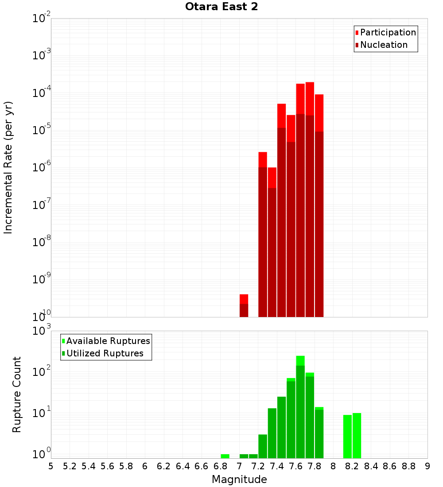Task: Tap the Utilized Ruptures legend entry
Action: [x=105, y=353]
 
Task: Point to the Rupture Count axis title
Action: [x=17, y=394]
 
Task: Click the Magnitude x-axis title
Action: [x=239, y=479]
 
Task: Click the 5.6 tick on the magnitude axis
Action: [x=108, y=466]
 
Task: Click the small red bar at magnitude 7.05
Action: [x=244, y=305]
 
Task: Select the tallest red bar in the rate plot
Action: [x=310, y=199]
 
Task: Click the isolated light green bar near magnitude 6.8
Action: [x=225, y=456]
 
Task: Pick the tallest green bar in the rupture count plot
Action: [x=300, y=407]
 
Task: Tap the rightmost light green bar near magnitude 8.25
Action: [x=357, y=436]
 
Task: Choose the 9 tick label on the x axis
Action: [x=427, y=466]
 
